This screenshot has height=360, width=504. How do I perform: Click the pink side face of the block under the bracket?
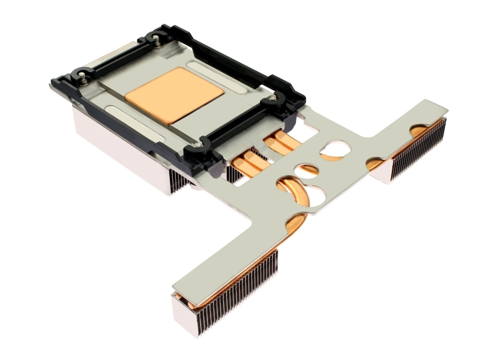pos(115,151)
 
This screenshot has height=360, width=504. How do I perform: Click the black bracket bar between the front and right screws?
pos(238,126)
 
